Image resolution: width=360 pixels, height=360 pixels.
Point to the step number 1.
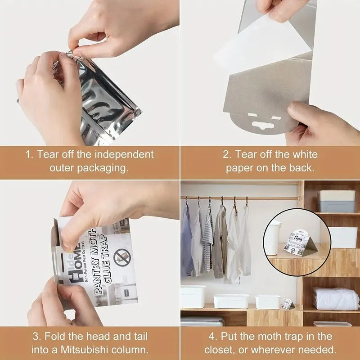tap(28, 155)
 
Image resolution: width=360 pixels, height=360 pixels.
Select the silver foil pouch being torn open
tap(103, 103)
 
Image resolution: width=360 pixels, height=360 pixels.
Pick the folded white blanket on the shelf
tap(335, 298)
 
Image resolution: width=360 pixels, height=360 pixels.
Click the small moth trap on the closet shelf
tap(286, 305)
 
